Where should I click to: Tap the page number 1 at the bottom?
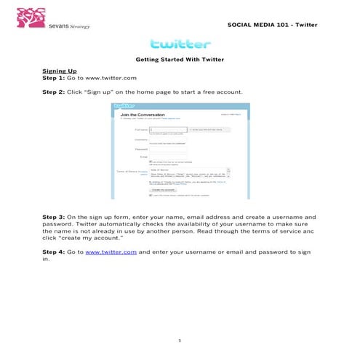tap(179, 340)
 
